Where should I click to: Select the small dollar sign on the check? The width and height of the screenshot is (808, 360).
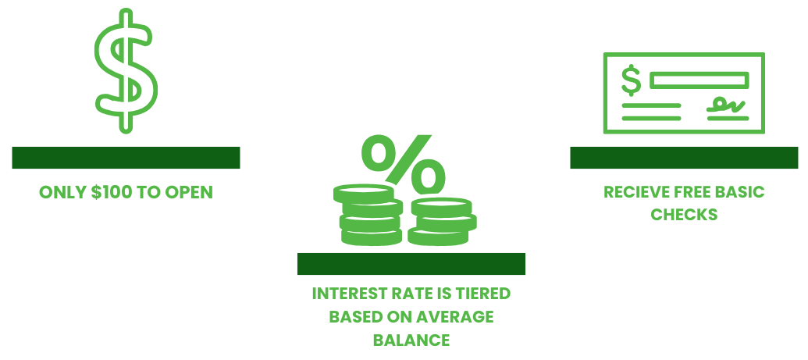click(x=632, y=81)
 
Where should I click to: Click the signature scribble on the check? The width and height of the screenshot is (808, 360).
click(x=726, y=105)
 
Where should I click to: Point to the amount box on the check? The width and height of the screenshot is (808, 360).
click(x=699, y=80)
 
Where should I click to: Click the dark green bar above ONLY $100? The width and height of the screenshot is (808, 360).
click(x=126, y=157)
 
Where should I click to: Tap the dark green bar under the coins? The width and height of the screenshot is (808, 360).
click(x=411, y=263)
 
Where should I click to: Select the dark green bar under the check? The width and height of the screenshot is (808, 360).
click(x=684, y=157)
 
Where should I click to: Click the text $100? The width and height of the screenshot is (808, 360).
click(x=111, y=192)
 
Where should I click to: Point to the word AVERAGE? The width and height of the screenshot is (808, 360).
click(x=458, y=317)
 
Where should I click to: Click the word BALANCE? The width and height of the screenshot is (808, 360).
click(x=411, y=340)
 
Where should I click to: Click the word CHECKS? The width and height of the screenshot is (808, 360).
click(x=684, y=214)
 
